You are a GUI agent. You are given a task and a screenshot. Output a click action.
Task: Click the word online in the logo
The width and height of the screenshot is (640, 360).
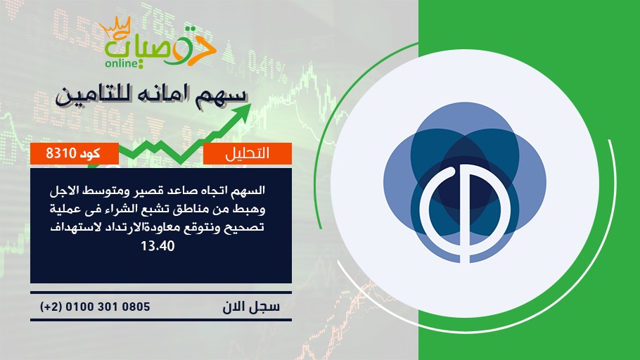122,63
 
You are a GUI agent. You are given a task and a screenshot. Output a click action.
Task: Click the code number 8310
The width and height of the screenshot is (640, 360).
61,153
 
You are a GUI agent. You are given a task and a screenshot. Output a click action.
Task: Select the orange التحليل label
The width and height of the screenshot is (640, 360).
248,153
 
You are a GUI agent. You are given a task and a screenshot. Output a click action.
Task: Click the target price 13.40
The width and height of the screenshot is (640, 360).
158,245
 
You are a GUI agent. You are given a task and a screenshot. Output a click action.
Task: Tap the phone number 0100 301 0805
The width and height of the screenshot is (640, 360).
108,307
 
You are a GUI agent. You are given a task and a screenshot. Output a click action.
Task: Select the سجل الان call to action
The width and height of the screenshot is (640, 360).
251,307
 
